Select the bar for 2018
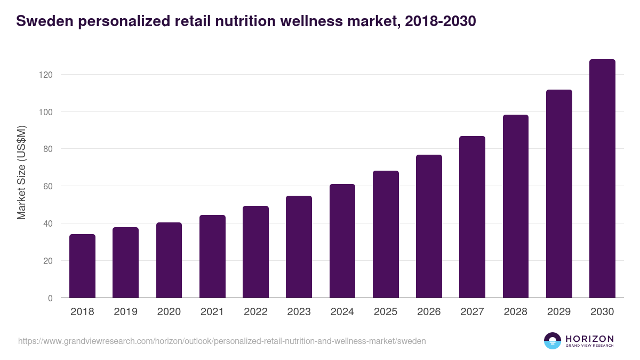pos(82,266)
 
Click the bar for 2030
pos(602,179)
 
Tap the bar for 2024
pos(342,241)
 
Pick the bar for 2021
pos(212,257)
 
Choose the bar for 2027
pos(472,217)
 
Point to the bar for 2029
pos(559,194)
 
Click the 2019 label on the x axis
pos(125,312)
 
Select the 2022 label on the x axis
pos(255,312)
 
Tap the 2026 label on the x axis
pos(429,312)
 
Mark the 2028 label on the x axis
pos(516,312)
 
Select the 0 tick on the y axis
pos(50,298)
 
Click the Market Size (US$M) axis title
pos(21,172)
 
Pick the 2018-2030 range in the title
pos(440,21)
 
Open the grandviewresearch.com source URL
pos(222,341)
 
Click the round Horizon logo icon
pos(553,341)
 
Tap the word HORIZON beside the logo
pos(589,338)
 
